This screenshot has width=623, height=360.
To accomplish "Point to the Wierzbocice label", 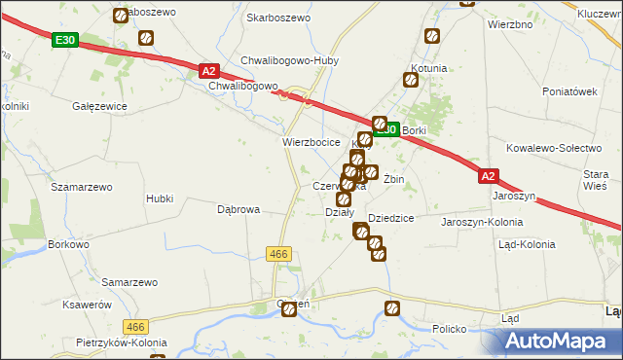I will click(x=311, y=142).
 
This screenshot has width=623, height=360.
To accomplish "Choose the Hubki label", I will click(x=160, y=198).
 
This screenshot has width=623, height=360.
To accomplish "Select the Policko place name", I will click(x=450, y=329).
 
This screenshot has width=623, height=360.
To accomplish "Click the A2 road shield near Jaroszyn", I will click(x=489, y=176).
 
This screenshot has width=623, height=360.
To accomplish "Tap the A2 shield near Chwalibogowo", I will click(x=208, y=70).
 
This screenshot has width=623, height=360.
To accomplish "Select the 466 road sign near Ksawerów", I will click(x=134, y=328).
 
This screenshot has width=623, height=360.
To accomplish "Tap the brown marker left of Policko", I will click(x=392, y=309).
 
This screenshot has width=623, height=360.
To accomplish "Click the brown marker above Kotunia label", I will click(x=432, y=37).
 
